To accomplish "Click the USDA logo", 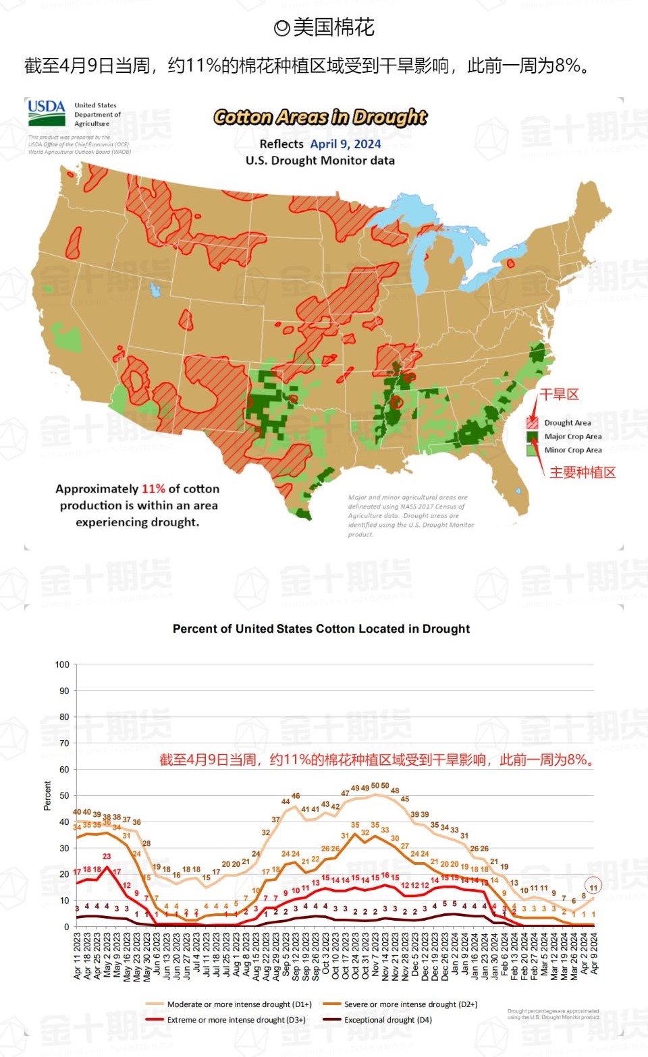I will tap(47, 113).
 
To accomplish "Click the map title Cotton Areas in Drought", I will tap(320, 117).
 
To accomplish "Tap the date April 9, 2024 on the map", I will tap(346, 144).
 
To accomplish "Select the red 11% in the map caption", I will tap(153, 489).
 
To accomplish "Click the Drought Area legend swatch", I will tap(532, 423).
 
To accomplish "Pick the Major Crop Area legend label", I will tap(572, 436).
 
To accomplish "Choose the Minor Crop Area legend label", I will tap(572, 450).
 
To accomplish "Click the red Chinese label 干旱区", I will tap(559, 395).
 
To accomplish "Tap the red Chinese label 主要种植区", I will tap(583, 472).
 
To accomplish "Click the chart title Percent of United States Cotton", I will tap(321, 629).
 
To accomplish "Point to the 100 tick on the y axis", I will tap(62, 664).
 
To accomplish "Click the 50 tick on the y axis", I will tap(64, 795).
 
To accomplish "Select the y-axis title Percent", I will tap(47, 795).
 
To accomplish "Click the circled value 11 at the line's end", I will tap(593, 887).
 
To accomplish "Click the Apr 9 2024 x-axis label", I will tap(594, 954).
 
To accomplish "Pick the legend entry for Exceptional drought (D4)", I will tap(387, 1020).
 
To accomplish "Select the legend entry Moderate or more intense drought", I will tap(239, 1004).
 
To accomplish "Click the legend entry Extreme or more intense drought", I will tap(236, 1020).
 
